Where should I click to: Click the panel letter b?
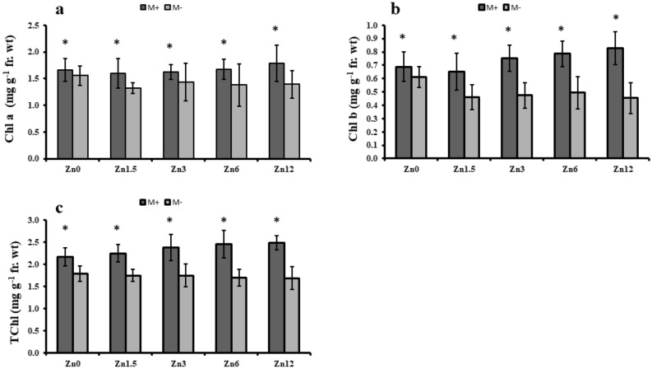pyautogui.click(x=396, y=10)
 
